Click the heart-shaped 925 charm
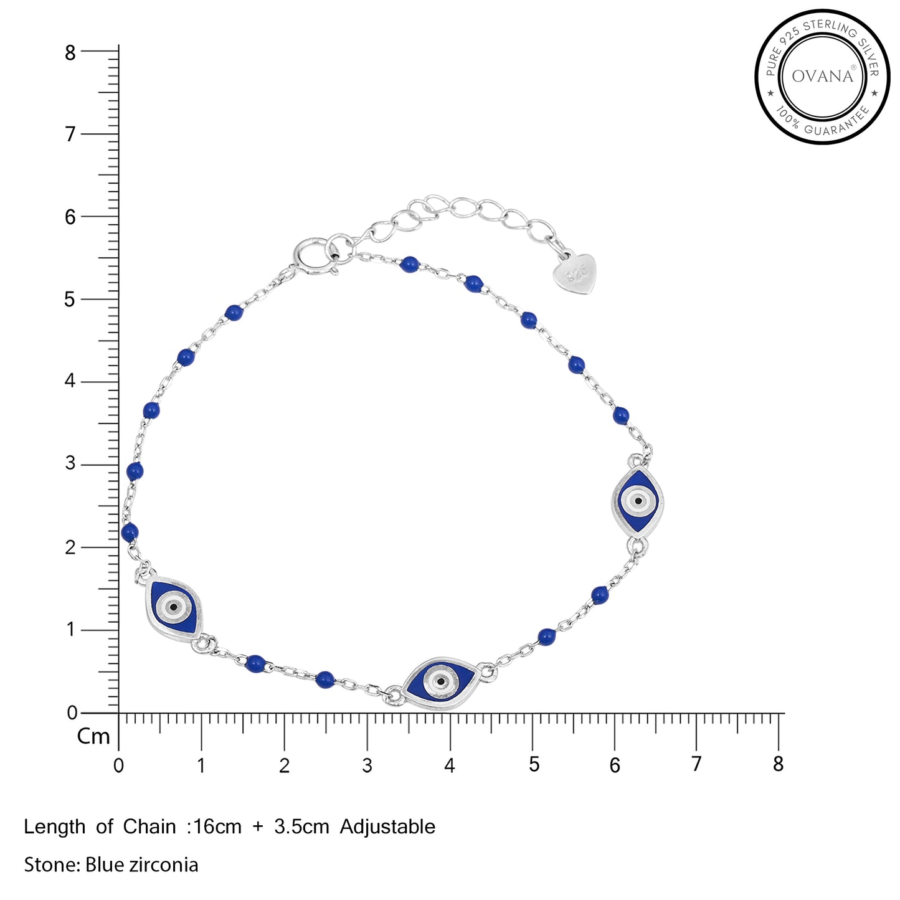[x=576, y=273]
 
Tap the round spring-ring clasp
[x=310, y=257]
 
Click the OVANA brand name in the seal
[x=823, y=76]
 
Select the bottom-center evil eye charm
[x=440, y=683]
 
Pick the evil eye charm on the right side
[x=638, y=501]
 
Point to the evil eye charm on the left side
[x=174, y=608]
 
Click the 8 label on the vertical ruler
[x=70, y=54]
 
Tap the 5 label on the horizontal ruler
[x=533, y=765]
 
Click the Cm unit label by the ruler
[x=93, y=737]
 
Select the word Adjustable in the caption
[x=387, y=827]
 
